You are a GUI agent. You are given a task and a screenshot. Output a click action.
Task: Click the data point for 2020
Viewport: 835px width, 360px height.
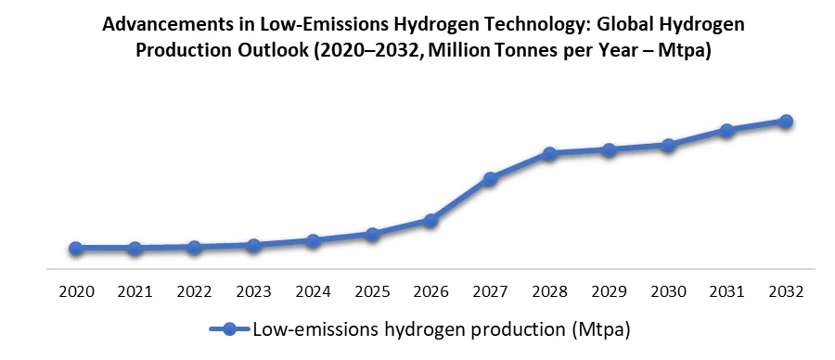click(76, 249)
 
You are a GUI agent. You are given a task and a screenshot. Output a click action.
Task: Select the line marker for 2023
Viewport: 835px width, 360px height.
click(253, 245)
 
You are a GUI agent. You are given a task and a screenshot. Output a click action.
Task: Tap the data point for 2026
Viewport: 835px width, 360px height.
click(430, 221)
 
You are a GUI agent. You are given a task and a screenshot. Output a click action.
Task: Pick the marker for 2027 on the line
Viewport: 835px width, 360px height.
click(490, 178)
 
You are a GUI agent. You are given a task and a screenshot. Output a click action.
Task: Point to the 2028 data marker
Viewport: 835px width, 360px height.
click(549, 154)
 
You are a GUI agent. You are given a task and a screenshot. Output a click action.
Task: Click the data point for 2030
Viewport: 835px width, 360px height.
click(667, 146)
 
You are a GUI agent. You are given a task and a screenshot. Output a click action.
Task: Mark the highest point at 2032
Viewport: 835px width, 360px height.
click(786, 122)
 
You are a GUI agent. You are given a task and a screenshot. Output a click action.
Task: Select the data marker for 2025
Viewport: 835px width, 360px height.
click(372, 235)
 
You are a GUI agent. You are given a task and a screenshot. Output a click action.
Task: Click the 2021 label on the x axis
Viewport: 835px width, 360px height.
click(135, 291)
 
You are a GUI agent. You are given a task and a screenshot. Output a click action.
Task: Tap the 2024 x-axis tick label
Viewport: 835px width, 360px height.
click(313, 291)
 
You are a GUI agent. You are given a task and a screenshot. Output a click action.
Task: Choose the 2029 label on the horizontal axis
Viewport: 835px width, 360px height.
click(609, 291)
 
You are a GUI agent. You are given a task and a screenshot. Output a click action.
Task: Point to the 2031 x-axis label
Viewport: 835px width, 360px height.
click(726, 291)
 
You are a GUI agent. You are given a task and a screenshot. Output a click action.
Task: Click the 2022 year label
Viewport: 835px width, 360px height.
click(194, 291)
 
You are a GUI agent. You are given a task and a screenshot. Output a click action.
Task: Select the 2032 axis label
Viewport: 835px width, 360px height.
click(786, 291)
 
